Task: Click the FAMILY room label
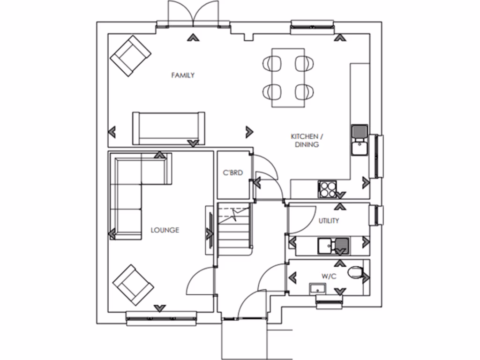pos(183,75)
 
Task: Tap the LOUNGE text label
pos(165,230)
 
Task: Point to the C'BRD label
pos(233,173)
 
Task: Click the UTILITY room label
pos(329,221)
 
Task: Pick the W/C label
pos(329,277)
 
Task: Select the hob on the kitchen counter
pos(328,188)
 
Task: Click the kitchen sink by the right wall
pos(360,140)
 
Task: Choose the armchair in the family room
pos(131,56)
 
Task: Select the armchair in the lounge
pos(133,285)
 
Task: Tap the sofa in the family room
pos(169,128)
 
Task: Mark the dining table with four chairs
pos(288,77)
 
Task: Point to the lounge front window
pos(161,319)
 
